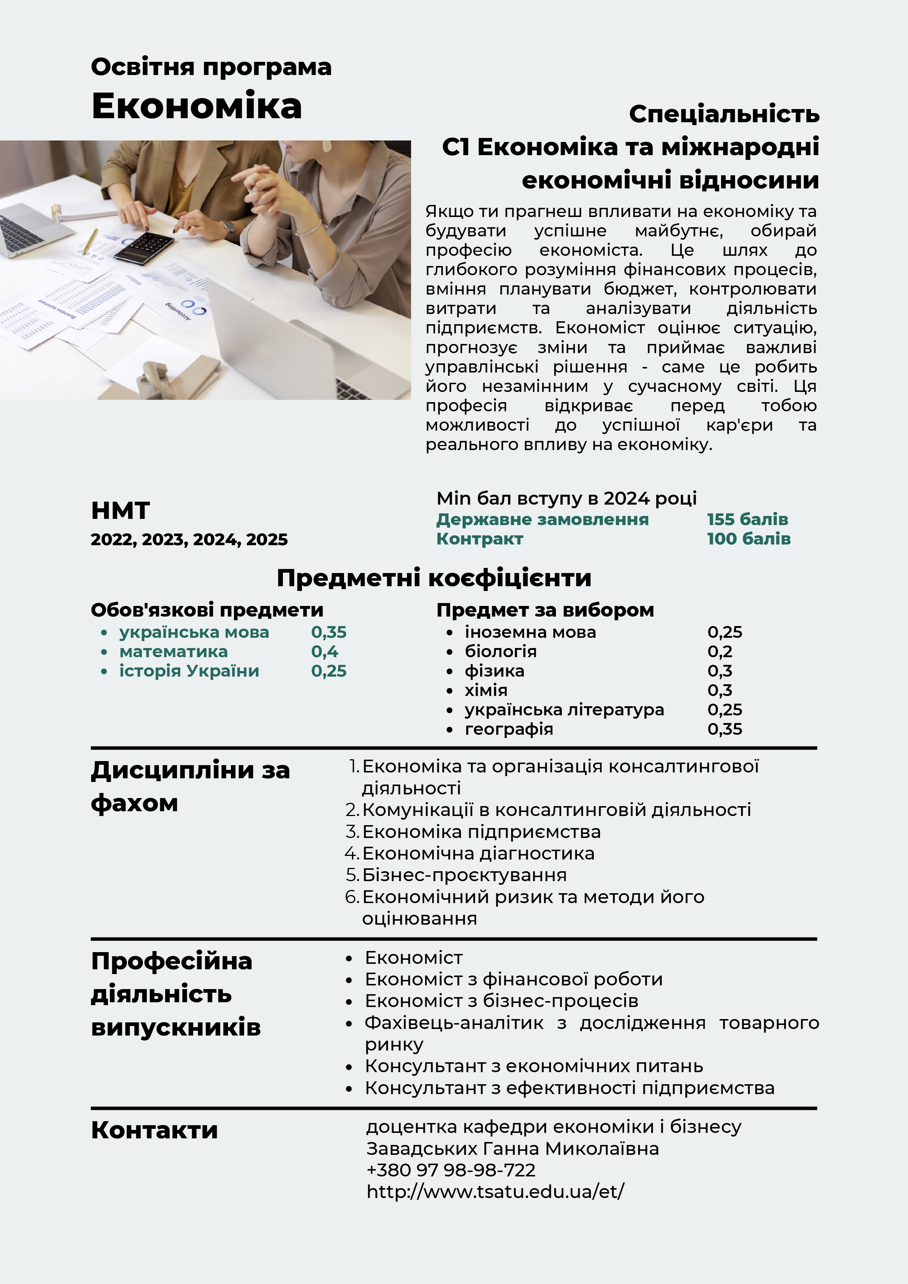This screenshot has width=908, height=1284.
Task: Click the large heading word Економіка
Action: pos(197,106)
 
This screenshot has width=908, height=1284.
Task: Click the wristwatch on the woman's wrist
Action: pos(228,229)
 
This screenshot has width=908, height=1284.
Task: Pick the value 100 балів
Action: pos(748,539)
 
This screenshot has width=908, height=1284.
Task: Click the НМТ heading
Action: pos(120,510)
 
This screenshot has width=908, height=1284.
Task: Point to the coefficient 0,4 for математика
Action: pos(325,651)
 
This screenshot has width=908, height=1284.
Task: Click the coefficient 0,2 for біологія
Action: pos(720,651)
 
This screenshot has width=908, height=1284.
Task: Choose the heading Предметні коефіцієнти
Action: pos(434,578)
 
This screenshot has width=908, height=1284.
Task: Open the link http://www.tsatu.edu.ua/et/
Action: pos(495,1192)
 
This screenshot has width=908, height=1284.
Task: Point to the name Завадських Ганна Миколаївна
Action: pos(512,1149)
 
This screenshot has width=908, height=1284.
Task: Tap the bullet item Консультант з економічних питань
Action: pos(533,1066)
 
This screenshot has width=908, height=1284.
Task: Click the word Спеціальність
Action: pos(724,114)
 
